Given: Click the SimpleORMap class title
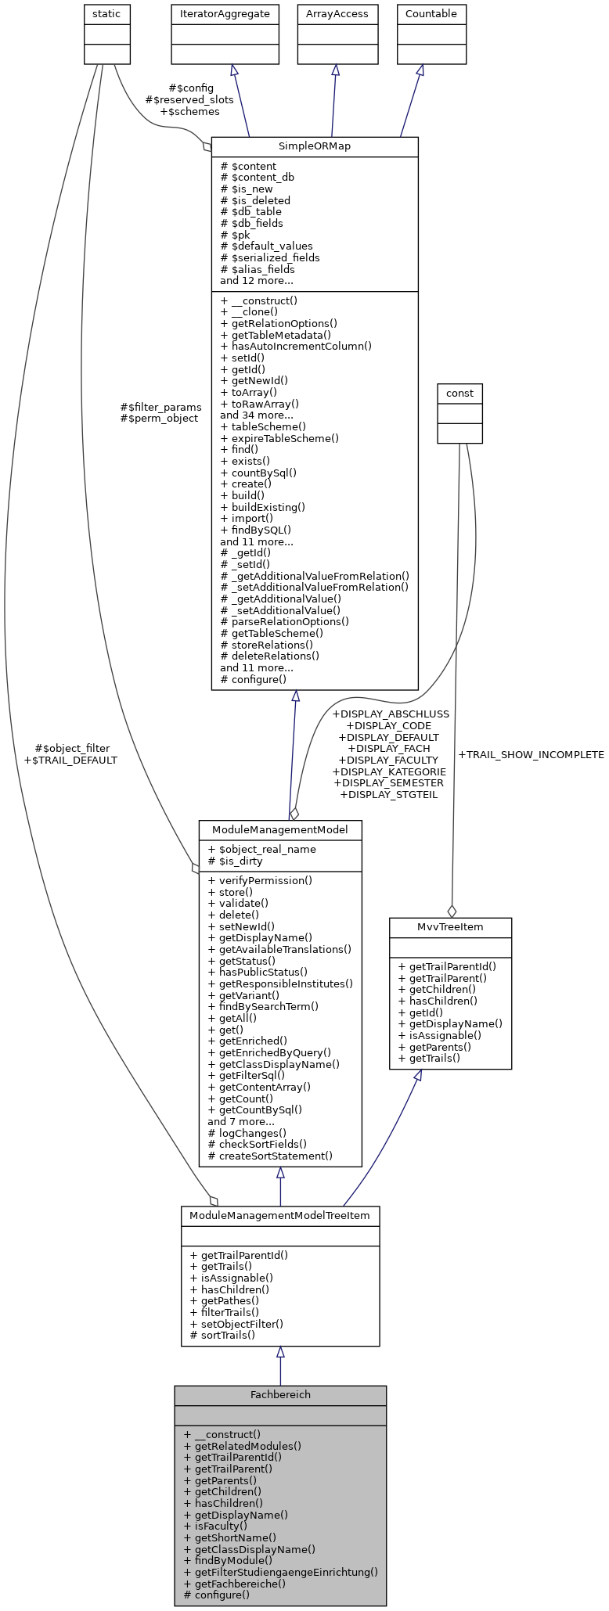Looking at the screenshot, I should [x=314, y=146].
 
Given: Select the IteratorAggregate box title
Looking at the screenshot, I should [x=225, y=13].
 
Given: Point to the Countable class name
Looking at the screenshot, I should [x=431, y=13].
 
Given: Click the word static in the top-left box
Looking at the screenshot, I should [x=106, y=13].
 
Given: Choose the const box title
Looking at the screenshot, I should [x=459, y=393].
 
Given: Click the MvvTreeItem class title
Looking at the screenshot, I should [x=450, y=927].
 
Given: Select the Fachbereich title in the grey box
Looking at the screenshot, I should [x=279, y=1395].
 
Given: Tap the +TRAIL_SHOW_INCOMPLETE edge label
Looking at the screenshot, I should [x=531, y=755].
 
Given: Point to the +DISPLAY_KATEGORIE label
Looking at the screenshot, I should [x=389, y=771].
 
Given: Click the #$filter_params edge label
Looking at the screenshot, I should [x=160, y=407].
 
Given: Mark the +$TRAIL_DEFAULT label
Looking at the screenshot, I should [x=70, y=760].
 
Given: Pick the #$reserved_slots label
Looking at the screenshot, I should [x=189, y=100].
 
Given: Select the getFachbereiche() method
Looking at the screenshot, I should [x=234, y=1583].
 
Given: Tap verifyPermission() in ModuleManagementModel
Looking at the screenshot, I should [x=260, y=880].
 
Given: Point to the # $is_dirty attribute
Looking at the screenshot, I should [x=235, y=861].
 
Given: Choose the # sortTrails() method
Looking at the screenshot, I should [x=222, y=1335].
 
